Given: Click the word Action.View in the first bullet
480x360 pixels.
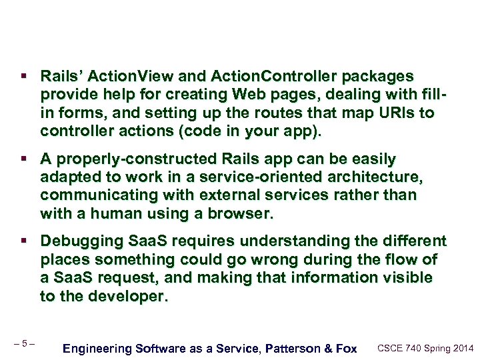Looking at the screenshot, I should tap(125, 77).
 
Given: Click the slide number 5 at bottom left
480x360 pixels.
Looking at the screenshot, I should tap(24, 344).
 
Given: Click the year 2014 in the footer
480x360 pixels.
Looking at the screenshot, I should tap(461, 347).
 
